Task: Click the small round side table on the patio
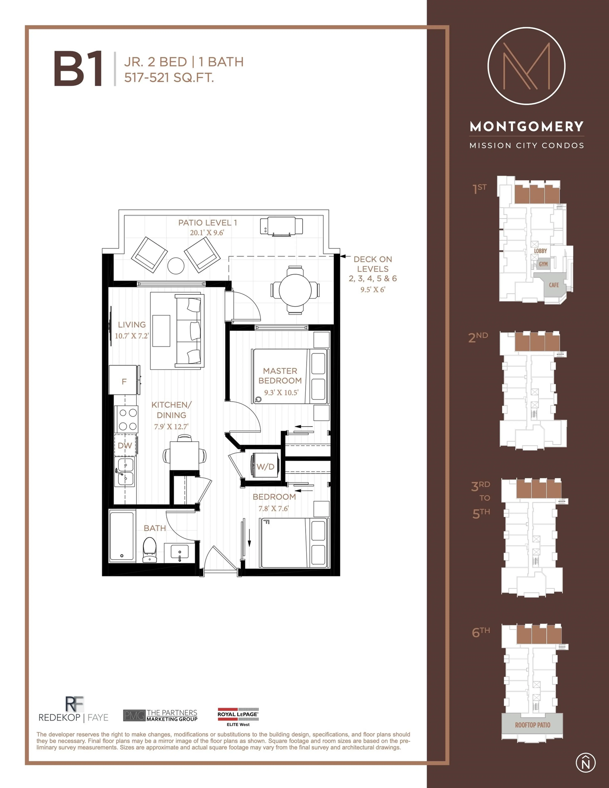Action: (x=176, y=266)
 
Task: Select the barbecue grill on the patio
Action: (x=281, y=226)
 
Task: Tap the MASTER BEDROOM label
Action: (x=280, y=376)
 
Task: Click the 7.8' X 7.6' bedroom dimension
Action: (x=273, y=508)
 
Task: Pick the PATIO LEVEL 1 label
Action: (x=208, y=223)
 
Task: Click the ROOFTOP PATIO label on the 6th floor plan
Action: (x=532, y=725)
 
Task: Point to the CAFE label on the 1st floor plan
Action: (x=553, y=285)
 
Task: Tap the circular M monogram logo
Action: (x=526, y=66)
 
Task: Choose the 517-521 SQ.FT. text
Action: (x=169, y=78)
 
